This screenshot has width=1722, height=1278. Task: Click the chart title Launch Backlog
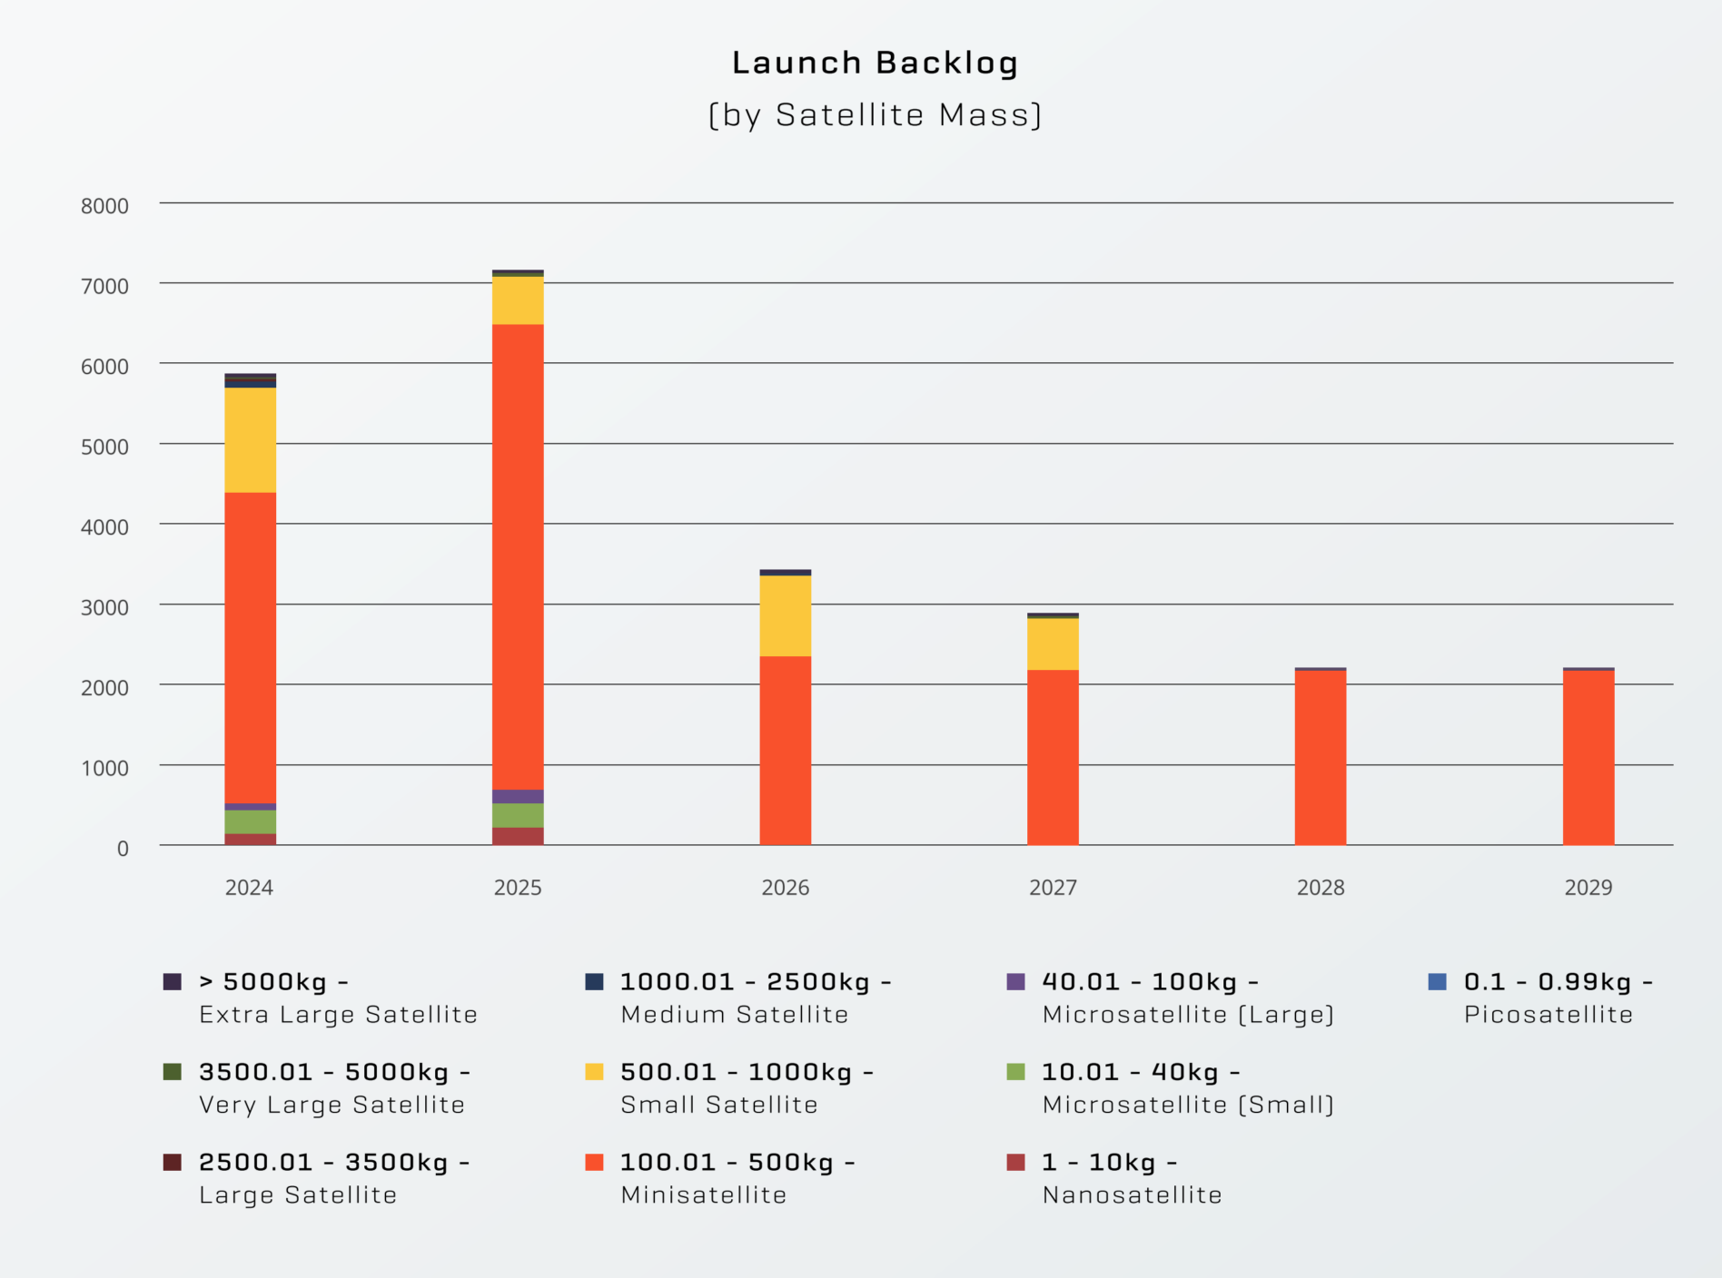coord(875,63)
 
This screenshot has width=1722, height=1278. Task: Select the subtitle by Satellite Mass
coord(875,115)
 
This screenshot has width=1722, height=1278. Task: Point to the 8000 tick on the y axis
coord(104,206)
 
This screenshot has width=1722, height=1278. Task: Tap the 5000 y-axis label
coord(104,447)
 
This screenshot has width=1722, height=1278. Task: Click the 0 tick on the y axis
coord(122,849)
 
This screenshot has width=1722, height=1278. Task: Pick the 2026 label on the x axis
coord(785,888)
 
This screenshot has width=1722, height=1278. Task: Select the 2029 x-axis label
coord(1588,888)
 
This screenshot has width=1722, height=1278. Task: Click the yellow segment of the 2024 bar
coord(251,440)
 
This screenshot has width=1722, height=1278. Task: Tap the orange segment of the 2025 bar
coord(518,556)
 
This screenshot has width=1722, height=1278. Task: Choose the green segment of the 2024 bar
coord(251,821)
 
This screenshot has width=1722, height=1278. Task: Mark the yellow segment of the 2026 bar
coord(785,615)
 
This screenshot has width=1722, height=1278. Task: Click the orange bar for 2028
coord(1320,758)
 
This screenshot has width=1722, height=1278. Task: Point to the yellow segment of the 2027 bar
coord(1053,644)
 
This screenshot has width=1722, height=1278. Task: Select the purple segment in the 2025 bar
coord(518,796)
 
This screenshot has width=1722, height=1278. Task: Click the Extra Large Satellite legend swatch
coord(173,981)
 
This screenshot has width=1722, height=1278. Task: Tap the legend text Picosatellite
coord(1548,1014)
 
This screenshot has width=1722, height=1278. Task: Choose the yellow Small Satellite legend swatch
coord(594,1072)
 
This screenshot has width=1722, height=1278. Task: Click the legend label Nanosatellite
coord(1132,1194)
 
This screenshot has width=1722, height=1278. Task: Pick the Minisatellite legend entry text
coord(703,1194)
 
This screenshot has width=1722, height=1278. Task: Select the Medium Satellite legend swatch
coord(594,981)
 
